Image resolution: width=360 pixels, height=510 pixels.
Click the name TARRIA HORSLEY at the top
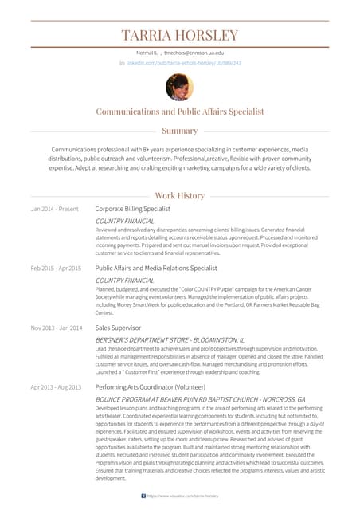[179, 35]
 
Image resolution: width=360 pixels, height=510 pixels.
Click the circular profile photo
[179, 86]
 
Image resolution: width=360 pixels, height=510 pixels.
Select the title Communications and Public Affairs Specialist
[179, 112]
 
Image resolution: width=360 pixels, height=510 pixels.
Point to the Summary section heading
[179, 131]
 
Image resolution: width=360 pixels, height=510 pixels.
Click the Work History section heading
[179, 195]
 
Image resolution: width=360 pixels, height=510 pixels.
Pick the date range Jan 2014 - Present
[54, 209]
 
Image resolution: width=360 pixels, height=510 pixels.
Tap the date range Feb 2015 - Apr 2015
[56, 269]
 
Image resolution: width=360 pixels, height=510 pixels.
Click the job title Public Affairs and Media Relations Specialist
[155, 269]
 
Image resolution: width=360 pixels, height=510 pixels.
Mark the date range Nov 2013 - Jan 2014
[56, 328]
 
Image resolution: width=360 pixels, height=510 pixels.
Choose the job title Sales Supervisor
[118, 328]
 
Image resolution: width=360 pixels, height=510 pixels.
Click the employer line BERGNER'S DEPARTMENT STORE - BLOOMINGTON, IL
[170, 339]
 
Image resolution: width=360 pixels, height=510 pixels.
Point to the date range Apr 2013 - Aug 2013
[56, 386]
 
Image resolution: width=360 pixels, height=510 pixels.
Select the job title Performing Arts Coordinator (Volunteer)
[144, 386]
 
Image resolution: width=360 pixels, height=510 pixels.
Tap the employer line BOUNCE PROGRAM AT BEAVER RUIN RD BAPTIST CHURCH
[199, 398]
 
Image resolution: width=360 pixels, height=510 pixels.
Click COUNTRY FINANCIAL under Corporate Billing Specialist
[124, 221]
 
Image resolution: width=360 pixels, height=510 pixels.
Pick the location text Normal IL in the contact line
[147, 52]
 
